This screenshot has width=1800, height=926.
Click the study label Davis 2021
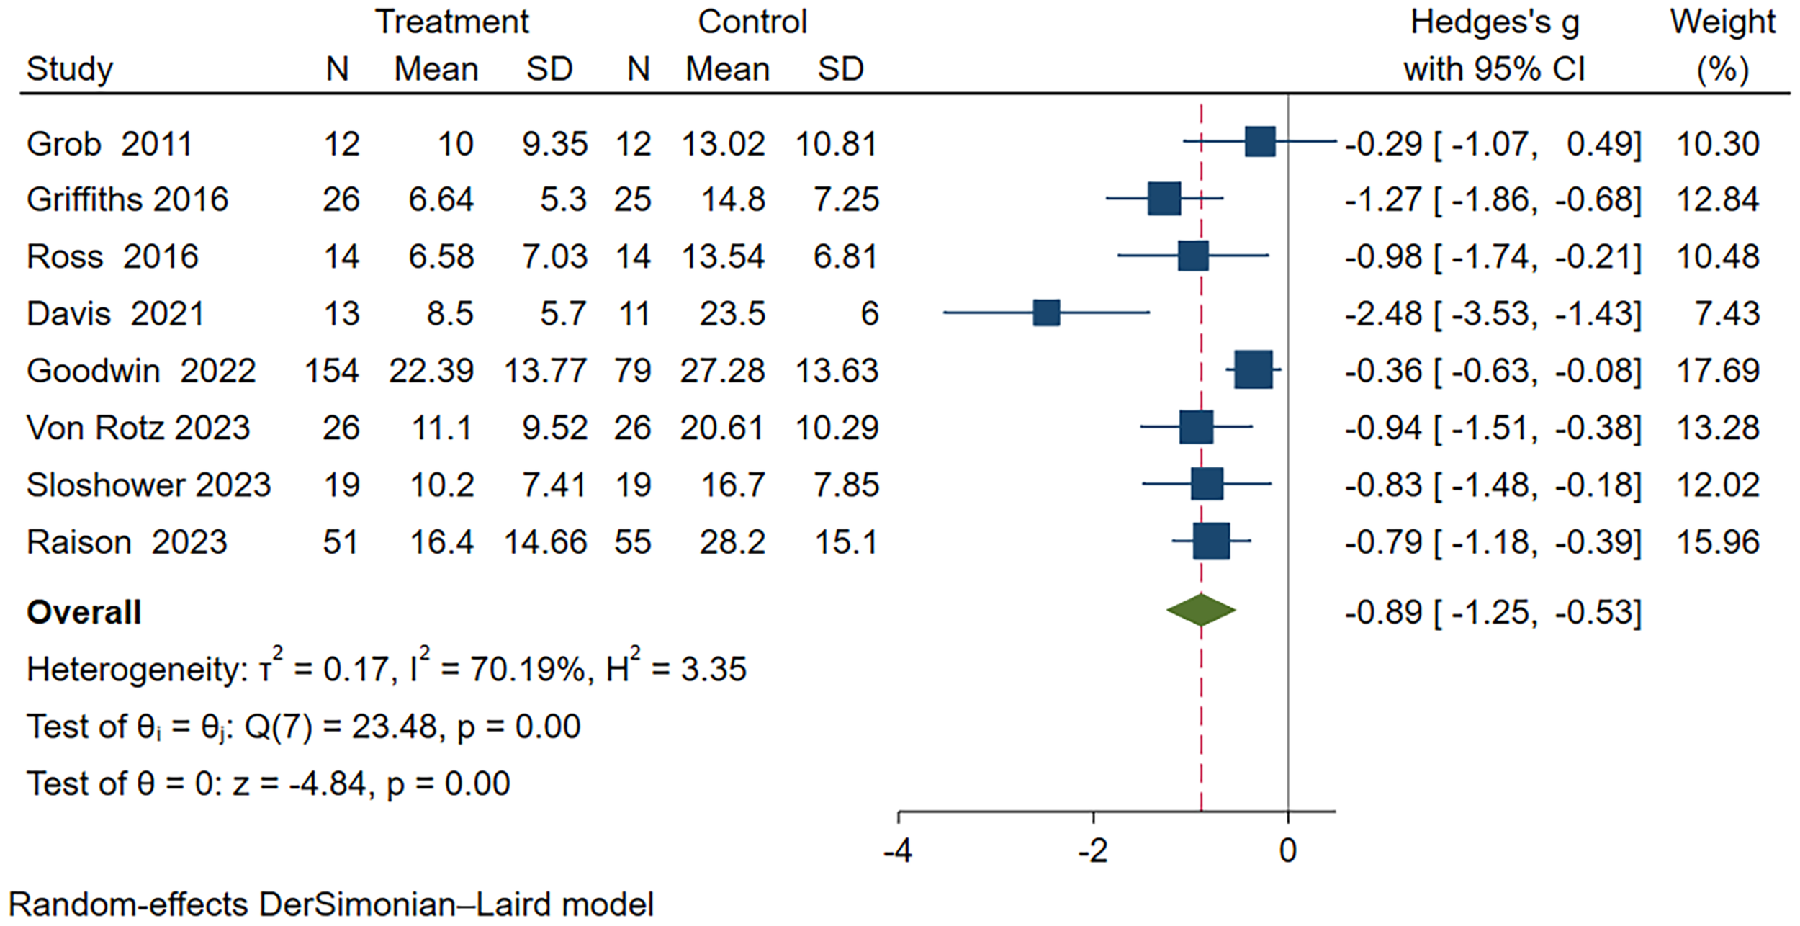point(115,314)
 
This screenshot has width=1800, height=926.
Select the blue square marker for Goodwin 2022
point(1254,371)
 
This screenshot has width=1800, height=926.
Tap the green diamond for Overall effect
point(1201,611)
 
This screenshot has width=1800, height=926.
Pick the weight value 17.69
point(1717,371)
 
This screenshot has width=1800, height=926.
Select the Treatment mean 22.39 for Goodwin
point(431,371)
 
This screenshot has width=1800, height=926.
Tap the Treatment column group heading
point(452,22)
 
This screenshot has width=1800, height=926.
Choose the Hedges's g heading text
point(1495,22)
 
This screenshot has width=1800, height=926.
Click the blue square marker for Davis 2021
point(1046,313)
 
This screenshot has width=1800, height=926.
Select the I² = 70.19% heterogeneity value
point(497,669)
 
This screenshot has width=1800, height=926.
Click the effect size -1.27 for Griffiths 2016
point(1383,199)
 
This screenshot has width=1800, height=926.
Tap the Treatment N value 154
point(331,371)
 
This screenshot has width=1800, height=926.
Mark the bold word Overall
point(84,613)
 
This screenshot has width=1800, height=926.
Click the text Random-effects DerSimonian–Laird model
point(331,904)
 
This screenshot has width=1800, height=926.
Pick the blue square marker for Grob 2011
point(1260,142)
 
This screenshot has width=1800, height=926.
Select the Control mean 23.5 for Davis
point(732,314)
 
